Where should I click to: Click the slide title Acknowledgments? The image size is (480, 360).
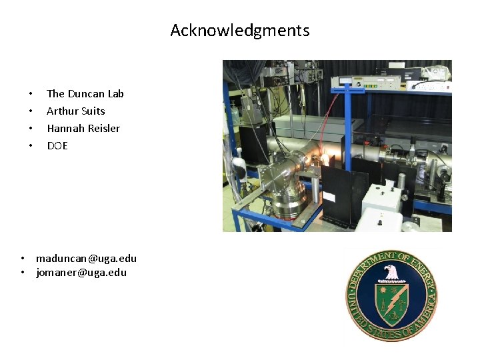[240, 31]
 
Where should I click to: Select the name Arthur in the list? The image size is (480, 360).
[62, 111]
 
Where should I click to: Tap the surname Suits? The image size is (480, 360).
[93, 111]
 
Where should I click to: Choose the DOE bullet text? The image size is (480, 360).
[57, 146]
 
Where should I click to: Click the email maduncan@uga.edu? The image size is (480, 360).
[86, 258]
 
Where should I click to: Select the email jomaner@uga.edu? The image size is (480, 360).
[81, 273]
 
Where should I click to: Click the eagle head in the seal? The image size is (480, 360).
[391, 271]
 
